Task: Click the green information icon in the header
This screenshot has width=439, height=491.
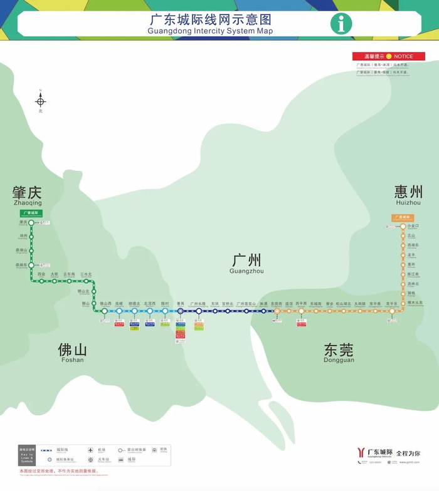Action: tap(341, 24)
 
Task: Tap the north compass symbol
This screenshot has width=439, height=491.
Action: tap(41, 101)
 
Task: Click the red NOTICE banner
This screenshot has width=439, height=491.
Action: tap(389, 56)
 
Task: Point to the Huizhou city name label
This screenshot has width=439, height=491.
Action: tap(408, 194)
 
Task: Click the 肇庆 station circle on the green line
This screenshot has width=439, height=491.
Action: tap(31, 222)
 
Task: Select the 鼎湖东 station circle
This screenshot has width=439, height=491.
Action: tap(31, 265)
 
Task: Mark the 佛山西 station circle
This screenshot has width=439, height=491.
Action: tap(105, 311)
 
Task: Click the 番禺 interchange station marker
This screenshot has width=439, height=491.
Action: tap(180, 311)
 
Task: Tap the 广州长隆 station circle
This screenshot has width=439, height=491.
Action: tap(199, 311)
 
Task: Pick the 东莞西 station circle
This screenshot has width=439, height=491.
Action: tap(277, 311)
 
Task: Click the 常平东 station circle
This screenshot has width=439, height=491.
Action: tap(393, 311)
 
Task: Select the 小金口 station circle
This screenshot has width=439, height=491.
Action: tap(403, 226)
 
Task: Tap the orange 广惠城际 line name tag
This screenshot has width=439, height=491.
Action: tap(402, 217)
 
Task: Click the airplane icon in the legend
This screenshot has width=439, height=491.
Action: tap(92, 450)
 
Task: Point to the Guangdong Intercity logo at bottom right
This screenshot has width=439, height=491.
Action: tap(361, 452)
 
